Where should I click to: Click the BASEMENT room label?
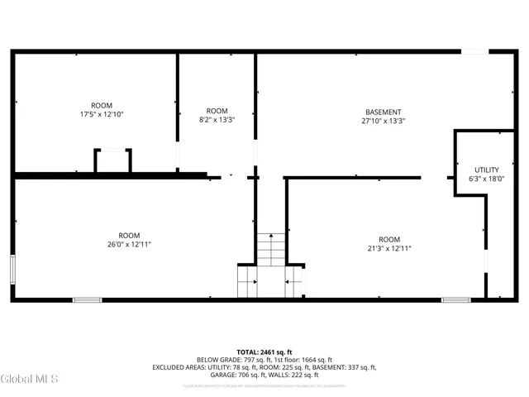tap(383, 112)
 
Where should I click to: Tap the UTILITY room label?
tap(486, 170)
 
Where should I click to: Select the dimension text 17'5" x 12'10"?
tap(102, 115)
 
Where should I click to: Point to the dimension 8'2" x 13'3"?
tap(217, 121)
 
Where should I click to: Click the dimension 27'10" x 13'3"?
tap(383, 122)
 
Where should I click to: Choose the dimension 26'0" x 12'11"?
tap(129, 244)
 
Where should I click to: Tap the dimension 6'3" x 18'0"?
tap(486, 179)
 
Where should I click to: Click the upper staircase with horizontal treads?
tap(269, 249)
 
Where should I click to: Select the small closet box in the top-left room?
tap(112, 160)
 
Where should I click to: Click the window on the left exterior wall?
tap(12, 270)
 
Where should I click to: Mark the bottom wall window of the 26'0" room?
tap(87, 299)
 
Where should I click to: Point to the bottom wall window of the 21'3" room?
tap(455, 299)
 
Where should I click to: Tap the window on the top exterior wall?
tap(473, 51)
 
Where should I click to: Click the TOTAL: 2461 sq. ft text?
tap(264, 351)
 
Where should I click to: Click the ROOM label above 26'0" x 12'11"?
tap(129, 234)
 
